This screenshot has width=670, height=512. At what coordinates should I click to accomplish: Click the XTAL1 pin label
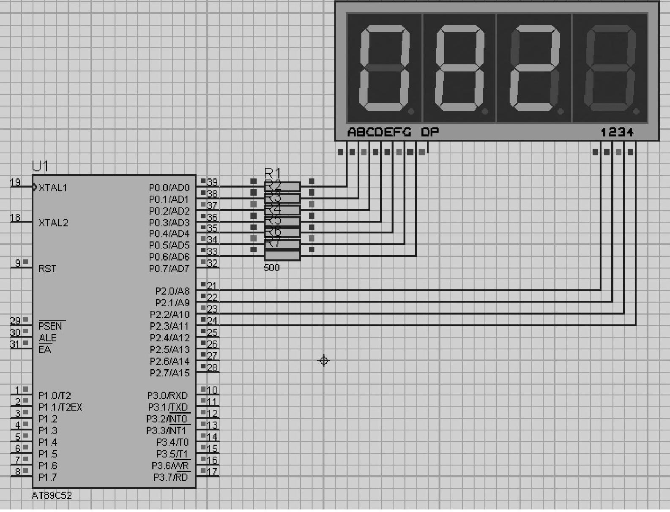pos(53,188)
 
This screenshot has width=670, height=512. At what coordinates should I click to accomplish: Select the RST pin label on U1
pos(47,269)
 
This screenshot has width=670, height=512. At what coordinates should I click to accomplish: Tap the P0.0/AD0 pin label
pos(169,188)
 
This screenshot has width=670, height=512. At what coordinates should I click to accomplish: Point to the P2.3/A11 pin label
pos(170,327)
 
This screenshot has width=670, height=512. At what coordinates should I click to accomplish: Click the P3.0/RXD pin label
pos(167,396)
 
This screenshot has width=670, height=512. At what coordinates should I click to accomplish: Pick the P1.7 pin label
pos(47,477)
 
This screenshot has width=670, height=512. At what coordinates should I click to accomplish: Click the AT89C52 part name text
pos(52,496)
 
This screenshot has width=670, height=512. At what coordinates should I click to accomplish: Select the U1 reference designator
pos(40,166)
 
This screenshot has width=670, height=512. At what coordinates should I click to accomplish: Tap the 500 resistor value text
pos(271,268)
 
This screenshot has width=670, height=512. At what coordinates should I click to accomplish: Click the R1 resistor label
pos(272,173)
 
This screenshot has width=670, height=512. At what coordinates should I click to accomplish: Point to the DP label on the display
pos(430,132)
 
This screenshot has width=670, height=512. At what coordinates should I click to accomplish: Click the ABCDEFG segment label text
pos(379,132)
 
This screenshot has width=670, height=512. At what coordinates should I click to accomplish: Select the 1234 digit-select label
pos(617,132)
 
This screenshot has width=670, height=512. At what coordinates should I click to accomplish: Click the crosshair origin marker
pos(324,361)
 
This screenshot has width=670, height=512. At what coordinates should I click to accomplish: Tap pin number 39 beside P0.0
pos(212,182)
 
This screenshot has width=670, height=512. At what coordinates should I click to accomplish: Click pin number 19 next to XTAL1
pos(15,182)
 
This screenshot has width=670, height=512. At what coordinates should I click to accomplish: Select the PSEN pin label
pos(50,326)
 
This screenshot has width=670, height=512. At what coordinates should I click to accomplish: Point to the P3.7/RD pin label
pos(170,477)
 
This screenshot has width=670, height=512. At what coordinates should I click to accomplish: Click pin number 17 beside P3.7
pos(212,471)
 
